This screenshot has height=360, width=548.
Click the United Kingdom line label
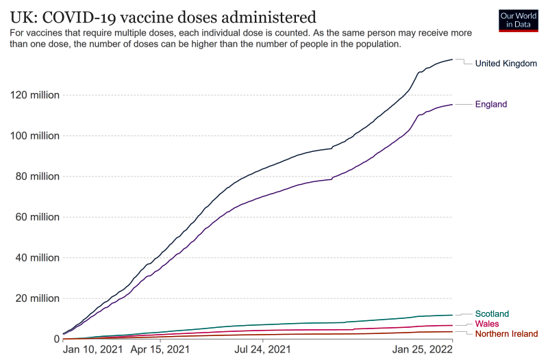point(506,64)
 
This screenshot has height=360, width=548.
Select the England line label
point(490,105)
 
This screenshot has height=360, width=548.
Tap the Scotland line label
point(492,314)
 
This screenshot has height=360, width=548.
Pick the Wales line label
point(487,324)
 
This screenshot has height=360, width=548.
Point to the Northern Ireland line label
point(506,334)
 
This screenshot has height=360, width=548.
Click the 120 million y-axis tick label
point(34,95)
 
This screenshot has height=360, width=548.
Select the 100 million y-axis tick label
point(34,136)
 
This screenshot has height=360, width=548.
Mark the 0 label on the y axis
point(55,339)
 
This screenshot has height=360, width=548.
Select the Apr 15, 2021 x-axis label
point(160,350)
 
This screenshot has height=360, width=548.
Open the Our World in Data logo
point(518,20)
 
